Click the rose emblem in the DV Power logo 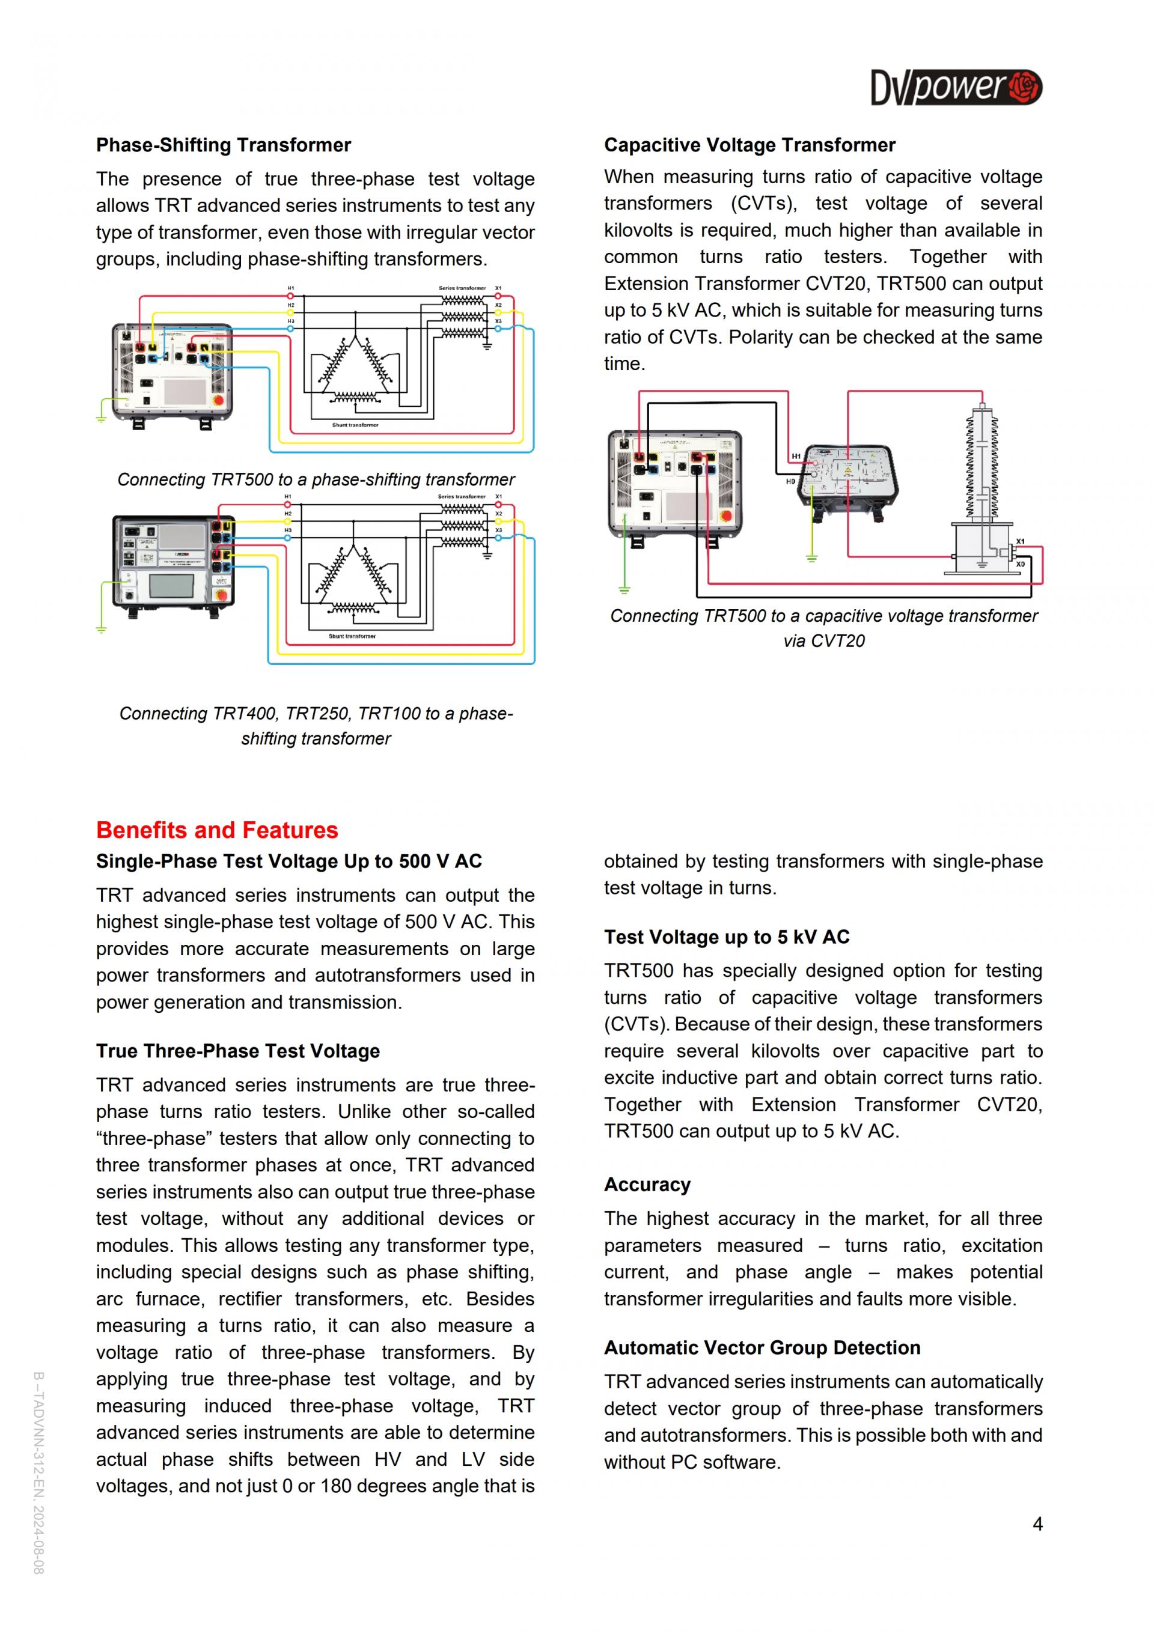1025,87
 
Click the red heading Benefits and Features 217,830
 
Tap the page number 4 1037,1523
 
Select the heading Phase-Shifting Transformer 223,145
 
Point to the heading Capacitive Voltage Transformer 749,145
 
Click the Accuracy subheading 647,1184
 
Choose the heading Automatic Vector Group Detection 762,1347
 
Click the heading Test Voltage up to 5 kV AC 726,937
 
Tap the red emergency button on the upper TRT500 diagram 218,400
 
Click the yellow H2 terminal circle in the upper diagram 291,312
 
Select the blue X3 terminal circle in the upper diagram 498,328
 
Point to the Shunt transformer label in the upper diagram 355,425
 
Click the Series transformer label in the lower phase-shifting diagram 461,497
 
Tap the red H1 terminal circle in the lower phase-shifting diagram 288,505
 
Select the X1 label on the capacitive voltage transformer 1021,541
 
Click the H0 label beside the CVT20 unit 790,482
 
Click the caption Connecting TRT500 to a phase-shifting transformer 316,479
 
